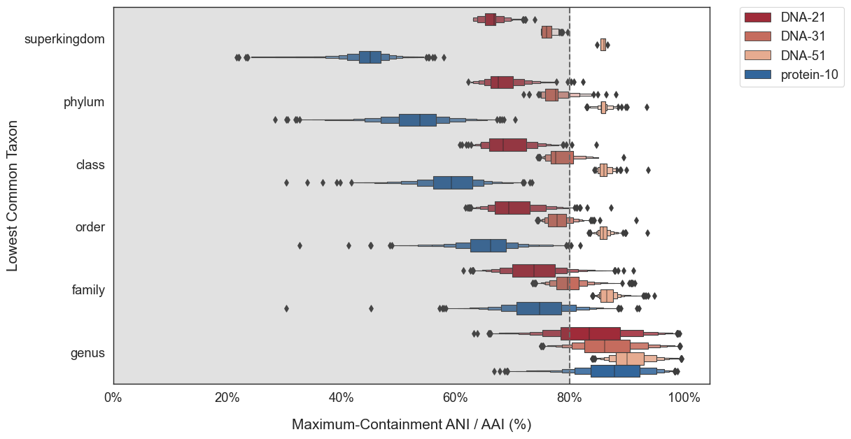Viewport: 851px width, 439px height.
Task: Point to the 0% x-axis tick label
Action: (113, 398)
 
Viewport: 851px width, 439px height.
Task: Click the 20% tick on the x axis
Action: (227, 398)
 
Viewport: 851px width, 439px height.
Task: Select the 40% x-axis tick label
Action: (342, 398)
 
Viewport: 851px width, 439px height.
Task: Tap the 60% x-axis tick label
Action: (456, 398)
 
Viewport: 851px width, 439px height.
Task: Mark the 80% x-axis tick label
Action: (570, 398)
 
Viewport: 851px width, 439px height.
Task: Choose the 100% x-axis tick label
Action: (684, 398)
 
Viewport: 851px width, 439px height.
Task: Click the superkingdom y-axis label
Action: (64, 39)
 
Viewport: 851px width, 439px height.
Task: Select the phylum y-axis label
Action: (84, 102)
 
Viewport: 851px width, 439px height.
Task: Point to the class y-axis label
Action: (90, 165)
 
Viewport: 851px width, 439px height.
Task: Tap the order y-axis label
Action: (90, 228)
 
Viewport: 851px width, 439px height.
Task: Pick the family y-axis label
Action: (88, 290)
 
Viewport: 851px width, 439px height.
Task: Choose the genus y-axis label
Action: (87, 353)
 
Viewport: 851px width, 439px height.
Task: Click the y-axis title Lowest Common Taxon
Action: (13, 196)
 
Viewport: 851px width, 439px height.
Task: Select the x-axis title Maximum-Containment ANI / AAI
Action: (412, 424)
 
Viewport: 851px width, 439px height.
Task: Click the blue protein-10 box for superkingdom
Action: (370, 57)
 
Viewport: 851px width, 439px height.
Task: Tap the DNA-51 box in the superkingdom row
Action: (603, 45)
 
